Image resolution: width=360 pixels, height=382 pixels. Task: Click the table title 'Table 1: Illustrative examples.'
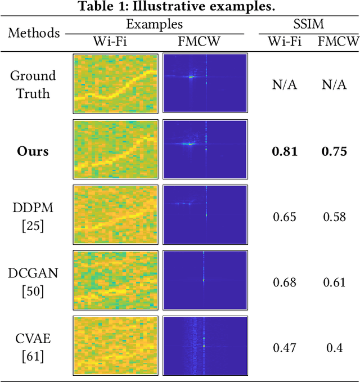coord(179,7)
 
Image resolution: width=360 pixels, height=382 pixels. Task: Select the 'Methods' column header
coord(34,33)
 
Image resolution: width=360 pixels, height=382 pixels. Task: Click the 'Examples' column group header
coord(154,25)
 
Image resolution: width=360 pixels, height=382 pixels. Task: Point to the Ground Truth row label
coord(34,84)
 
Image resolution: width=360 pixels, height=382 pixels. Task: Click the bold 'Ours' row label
coord(33,151)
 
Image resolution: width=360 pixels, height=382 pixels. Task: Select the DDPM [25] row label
coord(33,216)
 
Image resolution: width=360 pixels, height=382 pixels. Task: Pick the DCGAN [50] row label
coord(33,282)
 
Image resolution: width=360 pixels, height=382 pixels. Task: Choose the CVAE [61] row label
coord(33,348)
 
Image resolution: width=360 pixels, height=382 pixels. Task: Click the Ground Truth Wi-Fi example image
coord(115,84)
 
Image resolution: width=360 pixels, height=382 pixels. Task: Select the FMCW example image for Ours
coord(205,150)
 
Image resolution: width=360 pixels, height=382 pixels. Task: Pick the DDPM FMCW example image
coord(205,215)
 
